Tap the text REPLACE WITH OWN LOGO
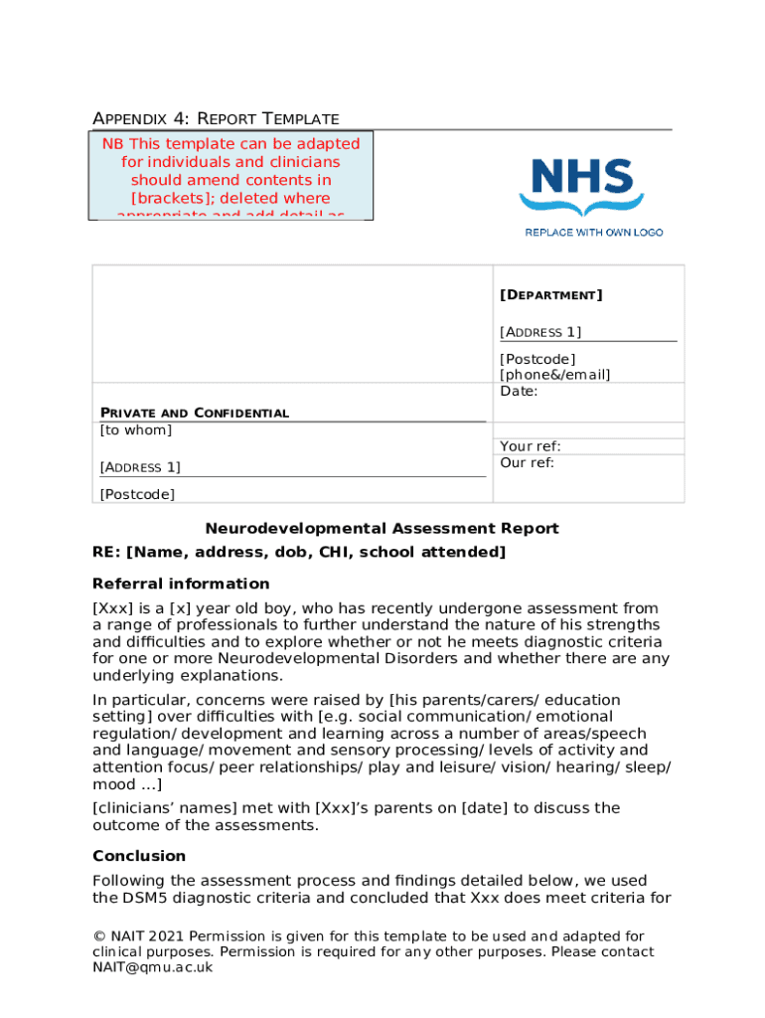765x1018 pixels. (593, 232)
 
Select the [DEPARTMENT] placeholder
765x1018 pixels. (550, 295)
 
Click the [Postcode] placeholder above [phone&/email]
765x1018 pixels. (537, 359)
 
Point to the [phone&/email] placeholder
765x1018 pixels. (555, 375)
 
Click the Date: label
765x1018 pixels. (519, 391)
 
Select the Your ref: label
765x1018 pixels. (531, 446)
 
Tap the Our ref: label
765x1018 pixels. (527, 462)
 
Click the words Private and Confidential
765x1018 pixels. (195, 413)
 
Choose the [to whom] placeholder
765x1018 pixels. (136, 429)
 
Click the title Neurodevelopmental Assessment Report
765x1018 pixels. (382, 529)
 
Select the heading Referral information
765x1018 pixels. (181, 584)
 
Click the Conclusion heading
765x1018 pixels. (139, 856)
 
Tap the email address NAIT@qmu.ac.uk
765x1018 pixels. (153, 967)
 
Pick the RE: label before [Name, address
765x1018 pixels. (106, 553)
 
